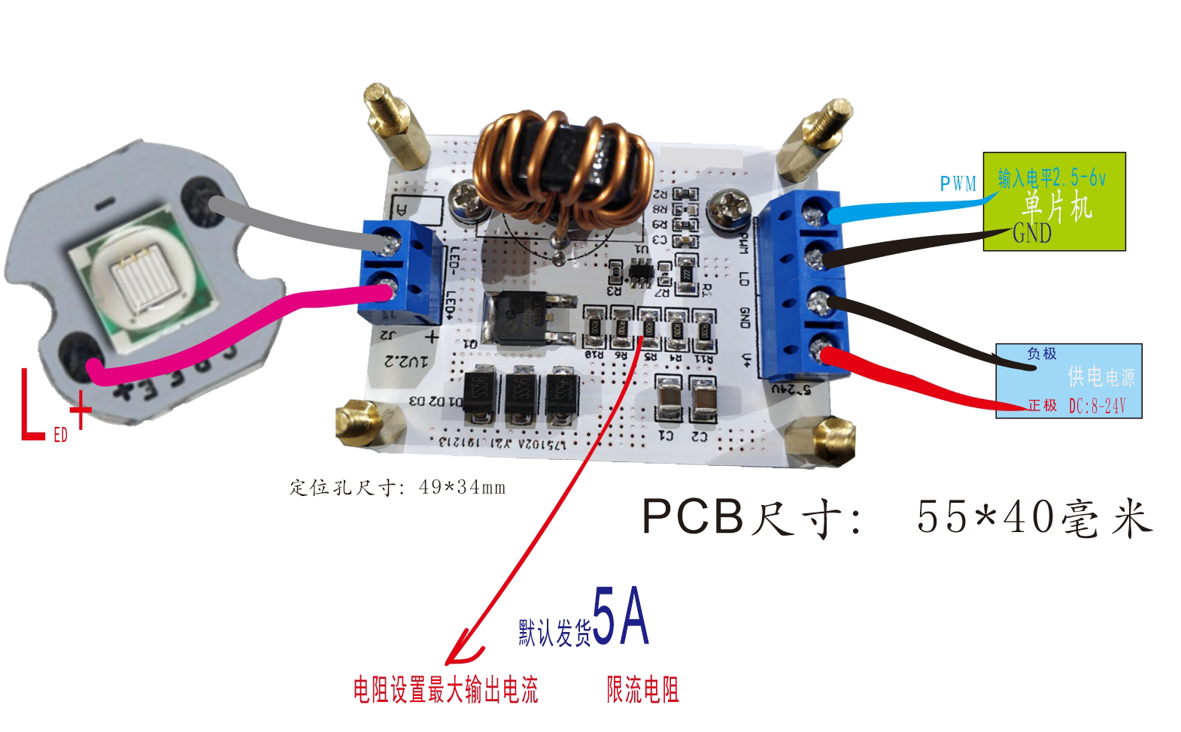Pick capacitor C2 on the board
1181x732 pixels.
(703, 401)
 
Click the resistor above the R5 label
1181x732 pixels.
(649, 325)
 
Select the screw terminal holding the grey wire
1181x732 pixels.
(389, 240)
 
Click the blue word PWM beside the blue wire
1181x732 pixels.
(958, 183)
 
